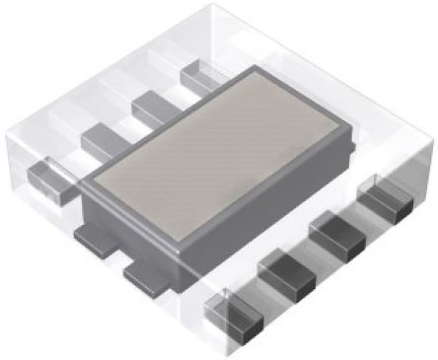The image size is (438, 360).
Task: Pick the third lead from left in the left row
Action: click(151, 105)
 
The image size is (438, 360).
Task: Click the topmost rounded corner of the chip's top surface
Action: click(258, 71)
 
